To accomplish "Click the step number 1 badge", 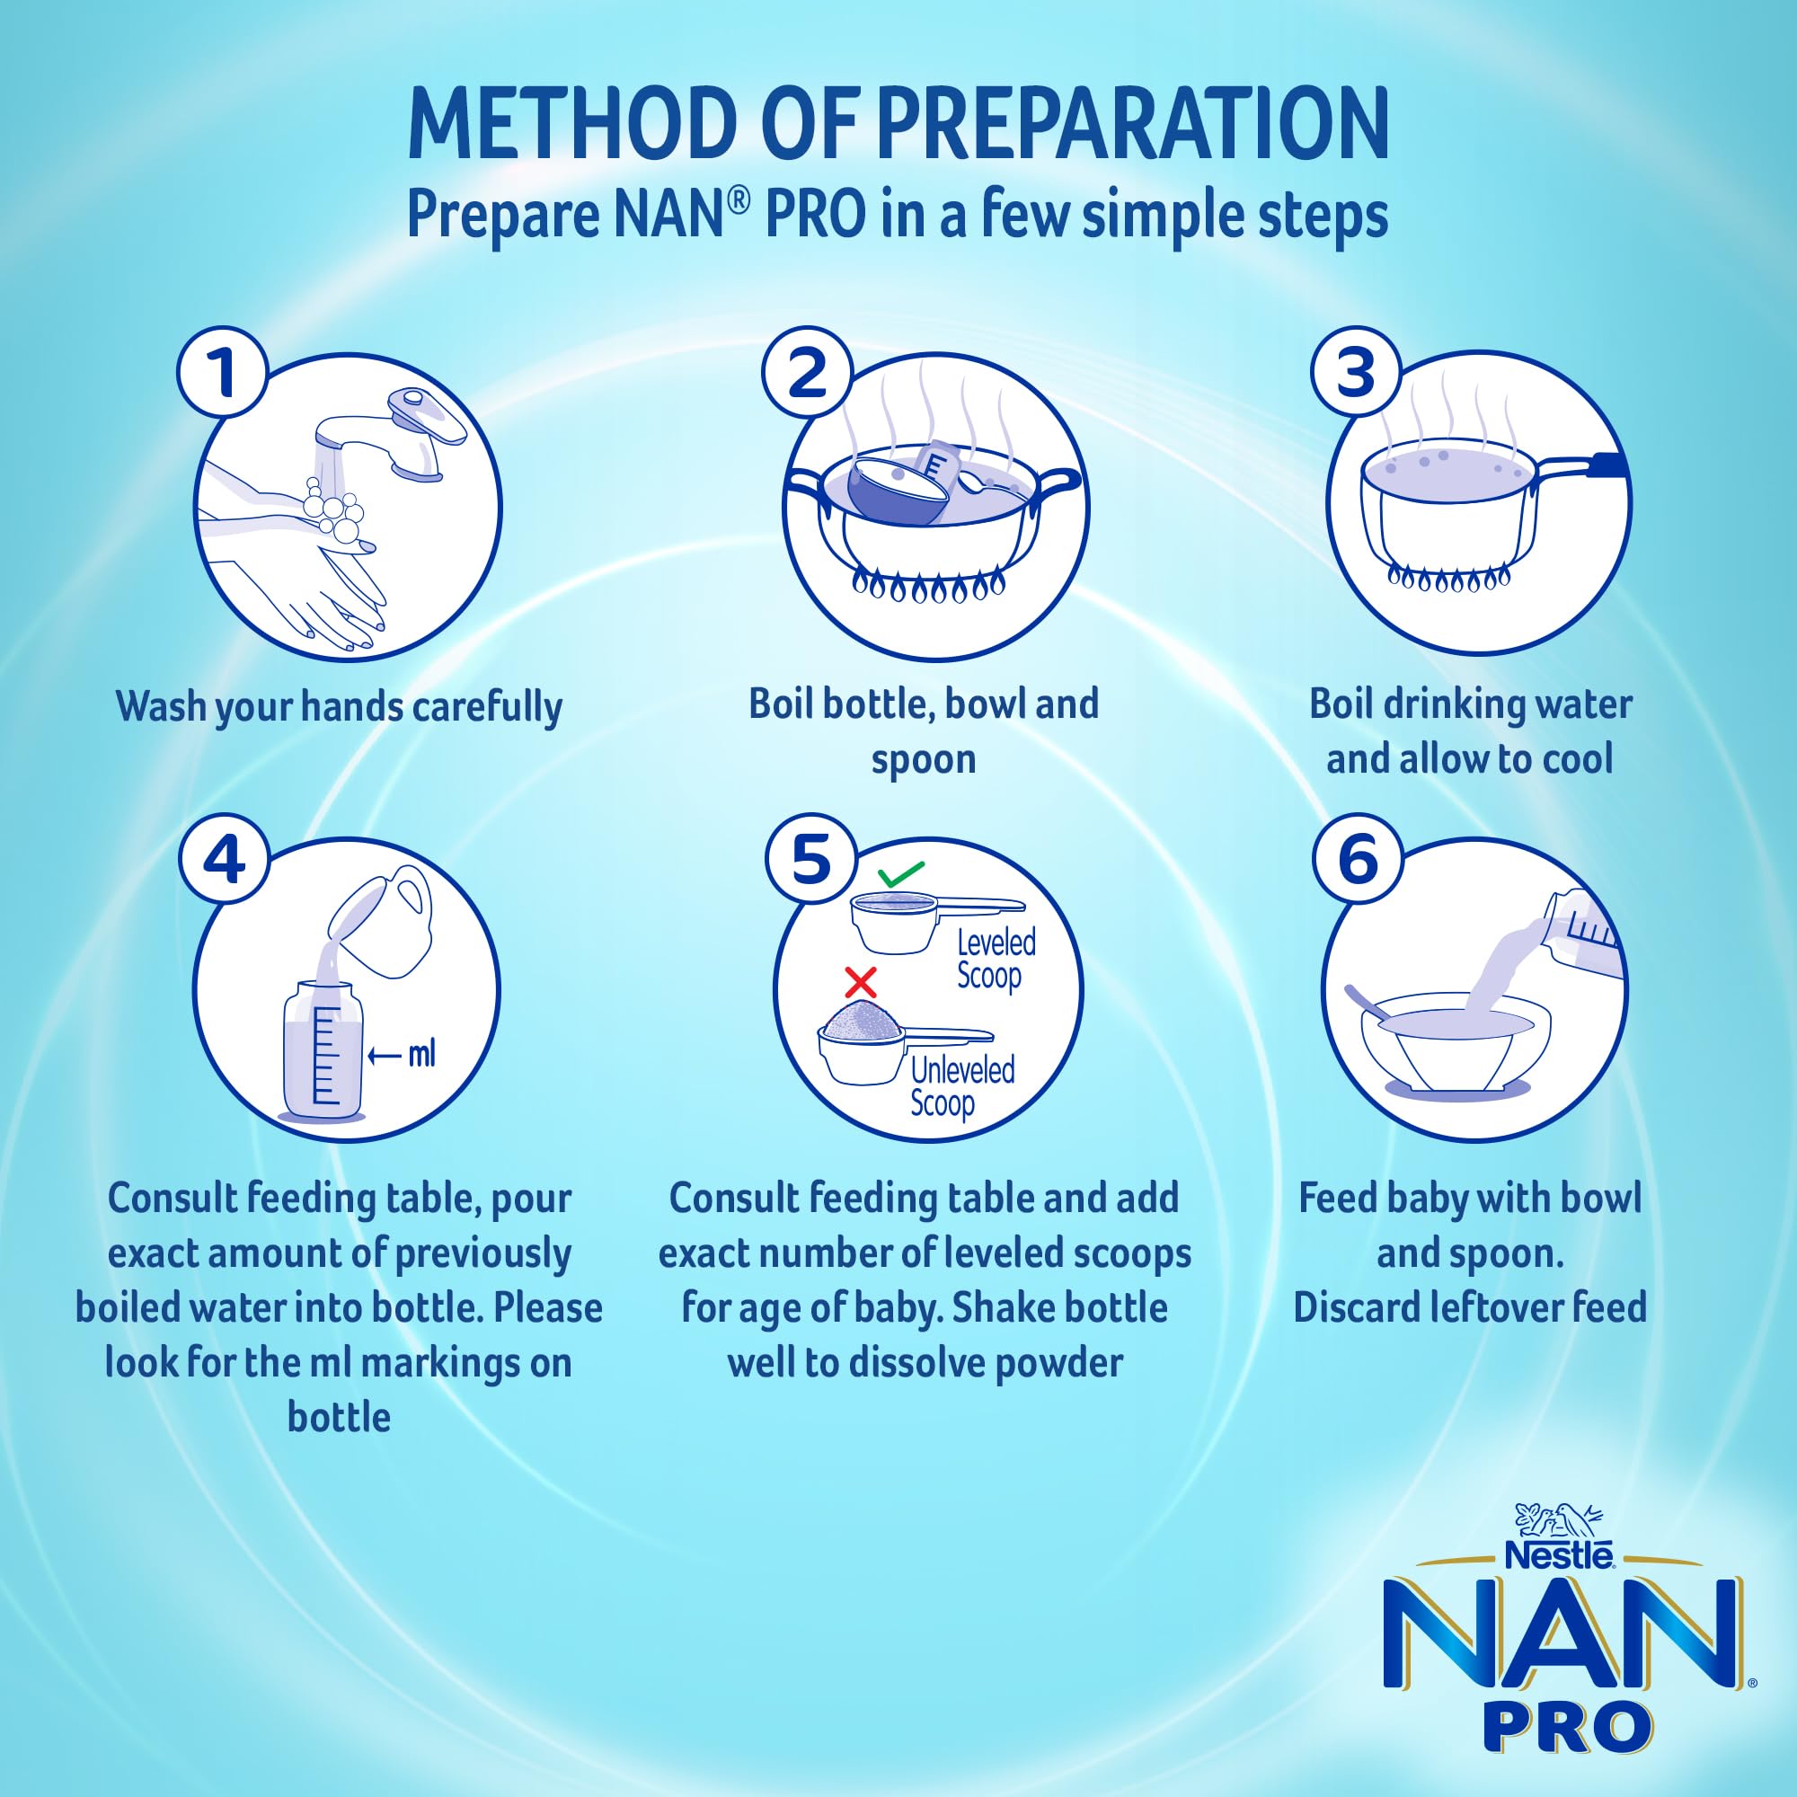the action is (x=222, y=374).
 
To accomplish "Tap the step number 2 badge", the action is (x=808, y=374).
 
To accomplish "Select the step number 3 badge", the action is (x=1356, y=374).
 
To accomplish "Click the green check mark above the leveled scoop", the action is (x=900, y=874).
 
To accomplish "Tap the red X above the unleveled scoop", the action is (x=861, y=981).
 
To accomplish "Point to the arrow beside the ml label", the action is (x=385, y=1056).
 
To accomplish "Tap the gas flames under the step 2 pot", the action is (x=929, y=586).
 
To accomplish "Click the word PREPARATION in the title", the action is (x=1133, y=125).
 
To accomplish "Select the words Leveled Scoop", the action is (x=996, y=960).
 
